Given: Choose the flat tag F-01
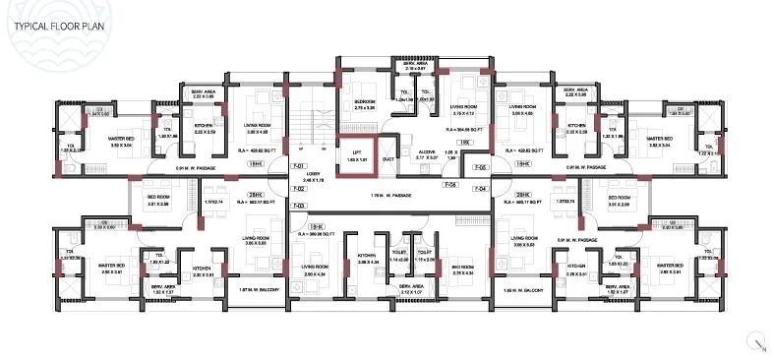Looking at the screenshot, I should point(300,165).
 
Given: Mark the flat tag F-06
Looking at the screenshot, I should point(450,184).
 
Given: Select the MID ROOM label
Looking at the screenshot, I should point(462,268).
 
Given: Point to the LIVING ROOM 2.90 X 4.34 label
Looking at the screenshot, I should point(315,268).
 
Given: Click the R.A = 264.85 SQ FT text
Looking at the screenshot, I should point(462,126).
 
